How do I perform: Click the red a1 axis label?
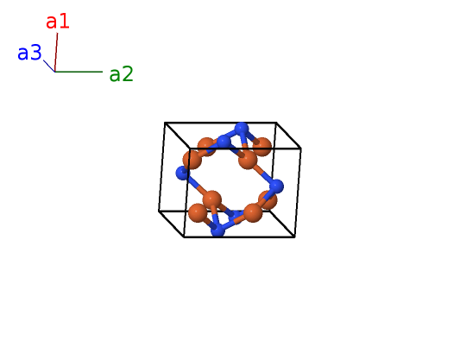click(x=58, y=22)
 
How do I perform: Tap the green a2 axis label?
click(x=121, y=74)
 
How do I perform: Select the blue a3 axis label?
click(x=29, y=53)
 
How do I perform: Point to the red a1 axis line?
click(x=56, y=52)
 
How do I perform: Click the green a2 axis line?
click(x=79, y=72)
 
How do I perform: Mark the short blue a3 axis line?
click(x=49, y=66)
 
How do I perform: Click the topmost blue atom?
click(x=242, y=129)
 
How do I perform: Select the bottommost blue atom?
click(x=217, y=230)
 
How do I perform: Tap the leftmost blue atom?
click(x=182, y=173)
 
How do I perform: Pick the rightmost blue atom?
click(x=276, y=186)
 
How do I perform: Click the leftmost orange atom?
click(x=192, y=160)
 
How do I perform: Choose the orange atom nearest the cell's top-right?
click(x=262, y=147)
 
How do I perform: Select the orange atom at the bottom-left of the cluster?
click(x=198, y=213)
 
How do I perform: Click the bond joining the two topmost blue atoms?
click(x=233, y=135)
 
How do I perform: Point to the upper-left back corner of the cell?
click(x=165, y=123)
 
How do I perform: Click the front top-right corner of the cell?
click(x=301, y=149)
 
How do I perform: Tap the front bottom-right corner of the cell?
click(x=294, y=237)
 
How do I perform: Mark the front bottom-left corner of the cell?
click(x=184, y=237)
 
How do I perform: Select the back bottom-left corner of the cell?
click(x=159, y=211)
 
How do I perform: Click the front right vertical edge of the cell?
click(x=298, y=193)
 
